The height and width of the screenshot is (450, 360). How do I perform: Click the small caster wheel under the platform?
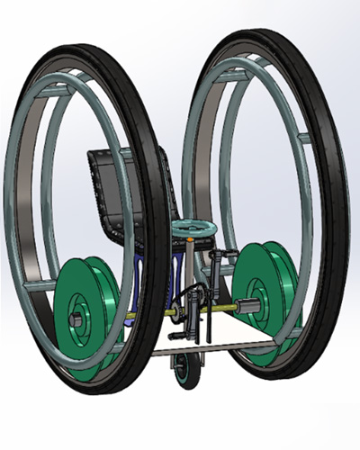[184, 370]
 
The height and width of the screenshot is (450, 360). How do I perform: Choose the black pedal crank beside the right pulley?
[217, 270]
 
